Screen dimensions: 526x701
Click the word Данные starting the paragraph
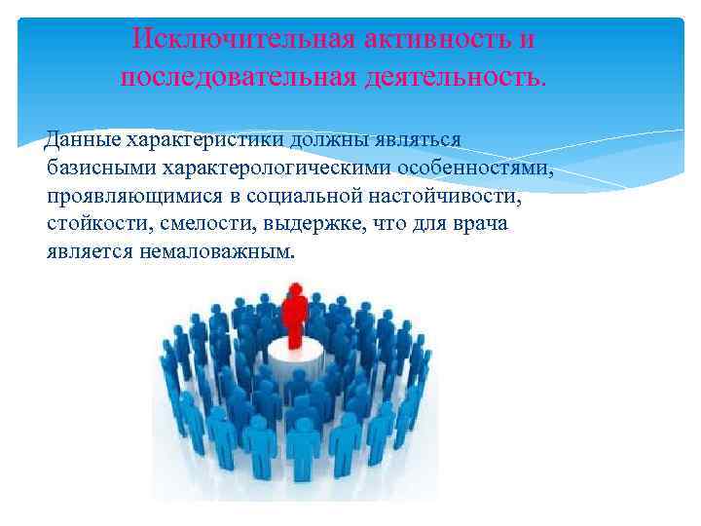point(80,140)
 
